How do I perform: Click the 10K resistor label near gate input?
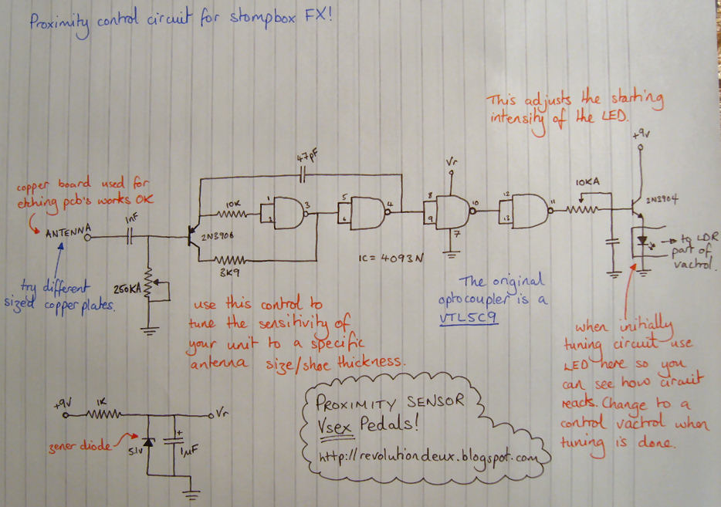(x=234, y=204)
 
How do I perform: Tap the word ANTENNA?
(x=68, y=232)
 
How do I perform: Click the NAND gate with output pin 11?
(x=524, y=209)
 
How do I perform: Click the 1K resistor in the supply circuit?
(x=100, y=414)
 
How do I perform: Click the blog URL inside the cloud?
(x=427, y=457)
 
